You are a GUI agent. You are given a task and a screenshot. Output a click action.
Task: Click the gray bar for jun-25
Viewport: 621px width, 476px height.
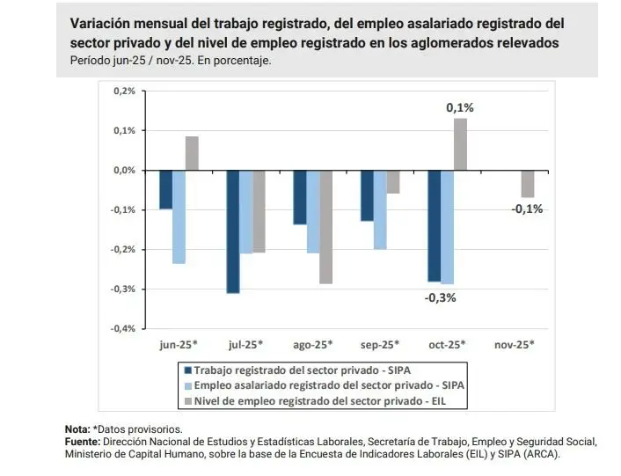[x=192, y=153]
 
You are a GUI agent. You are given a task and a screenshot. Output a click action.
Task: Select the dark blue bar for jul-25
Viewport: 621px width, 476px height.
[x=233, y=231]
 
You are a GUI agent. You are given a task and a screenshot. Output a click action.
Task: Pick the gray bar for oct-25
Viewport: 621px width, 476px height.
[x=460, y=144]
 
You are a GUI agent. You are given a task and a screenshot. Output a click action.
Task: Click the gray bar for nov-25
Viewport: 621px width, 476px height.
[x=527, y=184]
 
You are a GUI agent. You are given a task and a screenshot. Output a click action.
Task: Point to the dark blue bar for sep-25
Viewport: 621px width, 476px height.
[x=367, y=195]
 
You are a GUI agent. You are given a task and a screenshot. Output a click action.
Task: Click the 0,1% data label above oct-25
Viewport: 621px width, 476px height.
[x=460, y=107]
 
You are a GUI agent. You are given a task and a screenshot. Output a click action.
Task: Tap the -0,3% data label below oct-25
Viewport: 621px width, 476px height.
[x=440, y=297]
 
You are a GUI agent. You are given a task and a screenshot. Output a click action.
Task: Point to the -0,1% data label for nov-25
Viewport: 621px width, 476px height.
[x=527, y=209]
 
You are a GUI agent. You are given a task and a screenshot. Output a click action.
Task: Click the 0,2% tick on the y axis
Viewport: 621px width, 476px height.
[x=124, y=91]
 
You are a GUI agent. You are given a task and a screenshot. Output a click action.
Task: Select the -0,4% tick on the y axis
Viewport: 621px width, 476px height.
[x=123, y=328]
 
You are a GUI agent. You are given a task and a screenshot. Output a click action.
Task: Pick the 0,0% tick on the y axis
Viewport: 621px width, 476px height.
[x=124, y=170]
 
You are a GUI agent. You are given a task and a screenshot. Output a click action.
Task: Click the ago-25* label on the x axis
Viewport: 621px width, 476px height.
[x=312, y=344]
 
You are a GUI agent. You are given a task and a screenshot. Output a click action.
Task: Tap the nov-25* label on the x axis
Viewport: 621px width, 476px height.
[x=515, y=344]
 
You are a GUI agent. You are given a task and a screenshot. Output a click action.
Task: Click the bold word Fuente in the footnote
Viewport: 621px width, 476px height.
[x=82, y=441]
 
